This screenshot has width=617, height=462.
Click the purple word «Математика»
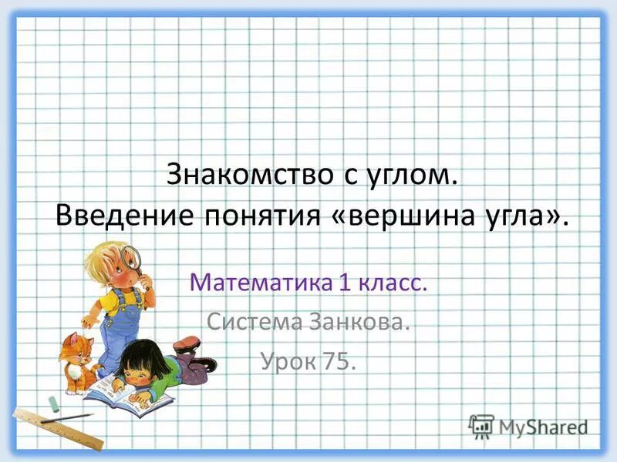pyautogui.click(x=258, y=283)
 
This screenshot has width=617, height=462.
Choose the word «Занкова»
pyautogui.click(x=359, y=320)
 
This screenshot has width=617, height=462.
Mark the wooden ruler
pyautogui.click(x=58, y=427)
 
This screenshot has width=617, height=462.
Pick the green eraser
pyautogui.click(x=53, y=402)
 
